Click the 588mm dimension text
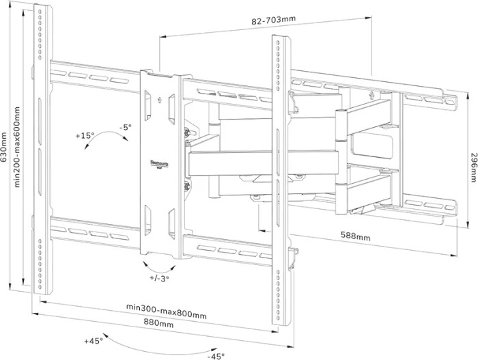pos(356,237)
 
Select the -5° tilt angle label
pos(124,128)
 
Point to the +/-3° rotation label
pos(158,278)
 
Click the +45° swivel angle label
pos(93,340)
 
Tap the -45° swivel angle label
pos(217,356)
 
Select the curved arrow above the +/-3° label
pos(158,264)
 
